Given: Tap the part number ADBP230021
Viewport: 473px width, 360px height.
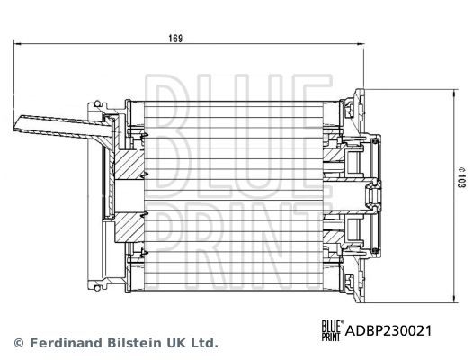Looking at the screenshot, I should [x=391, y=329].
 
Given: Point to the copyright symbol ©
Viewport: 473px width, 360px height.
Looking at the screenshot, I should [x=18, y=343].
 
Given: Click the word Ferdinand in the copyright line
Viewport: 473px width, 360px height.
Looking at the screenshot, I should [x=58, y=343].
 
